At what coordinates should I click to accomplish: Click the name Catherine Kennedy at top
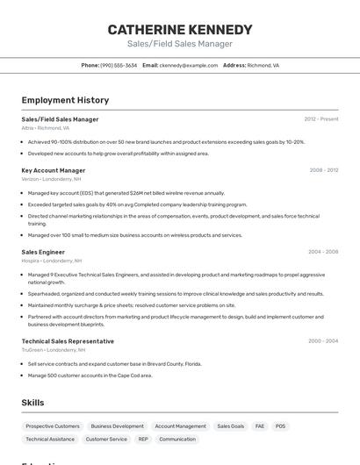pos(180,29)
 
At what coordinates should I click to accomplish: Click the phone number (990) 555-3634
pos(119,65)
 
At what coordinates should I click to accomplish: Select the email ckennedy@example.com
pos(189,65)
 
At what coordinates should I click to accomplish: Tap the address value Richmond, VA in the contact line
pos(263,65)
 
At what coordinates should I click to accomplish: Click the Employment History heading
pos(65,100)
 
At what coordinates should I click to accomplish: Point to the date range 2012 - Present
pos(320,119)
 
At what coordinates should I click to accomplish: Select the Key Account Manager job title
pos(54,170)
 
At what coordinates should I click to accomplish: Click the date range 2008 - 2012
pos(323,170)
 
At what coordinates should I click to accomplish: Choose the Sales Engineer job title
pos(43,252)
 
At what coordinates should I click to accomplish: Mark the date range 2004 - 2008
pos(323,252)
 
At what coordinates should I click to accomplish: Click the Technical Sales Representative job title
pos(68,341)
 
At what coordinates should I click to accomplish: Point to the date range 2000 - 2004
pos(323,341)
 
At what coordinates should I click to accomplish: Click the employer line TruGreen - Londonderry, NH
pos(54,350)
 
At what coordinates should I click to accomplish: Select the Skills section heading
pos(33,403)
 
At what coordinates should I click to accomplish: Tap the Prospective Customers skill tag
pos(53,426)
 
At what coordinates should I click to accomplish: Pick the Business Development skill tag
pos(117,426)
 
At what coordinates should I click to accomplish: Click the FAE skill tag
pos(260,426)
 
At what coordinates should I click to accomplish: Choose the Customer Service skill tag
pos(106,439)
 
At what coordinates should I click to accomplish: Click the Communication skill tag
pos(177,439)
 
